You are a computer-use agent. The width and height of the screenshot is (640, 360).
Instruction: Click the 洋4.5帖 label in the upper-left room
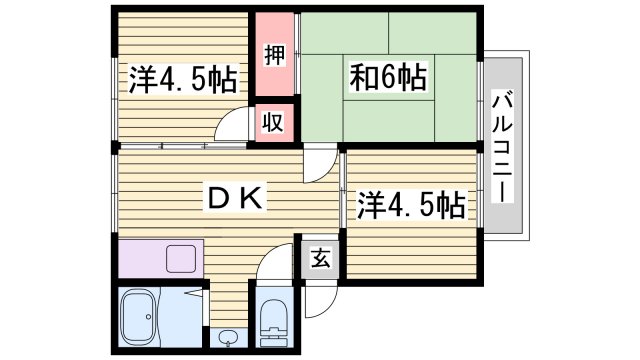click(x=182, y=79)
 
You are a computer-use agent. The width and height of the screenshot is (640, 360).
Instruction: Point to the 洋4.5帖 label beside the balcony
click(x=411, y=205)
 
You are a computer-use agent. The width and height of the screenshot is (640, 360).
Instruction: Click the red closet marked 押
click(x=273, y=54)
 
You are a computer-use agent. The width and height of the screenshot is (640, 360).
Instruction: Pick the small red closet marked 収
click(x=273, y=122)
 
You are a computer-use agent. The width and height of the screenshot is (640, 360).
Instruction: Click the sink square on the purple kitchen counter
click(x=182, y=259)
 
